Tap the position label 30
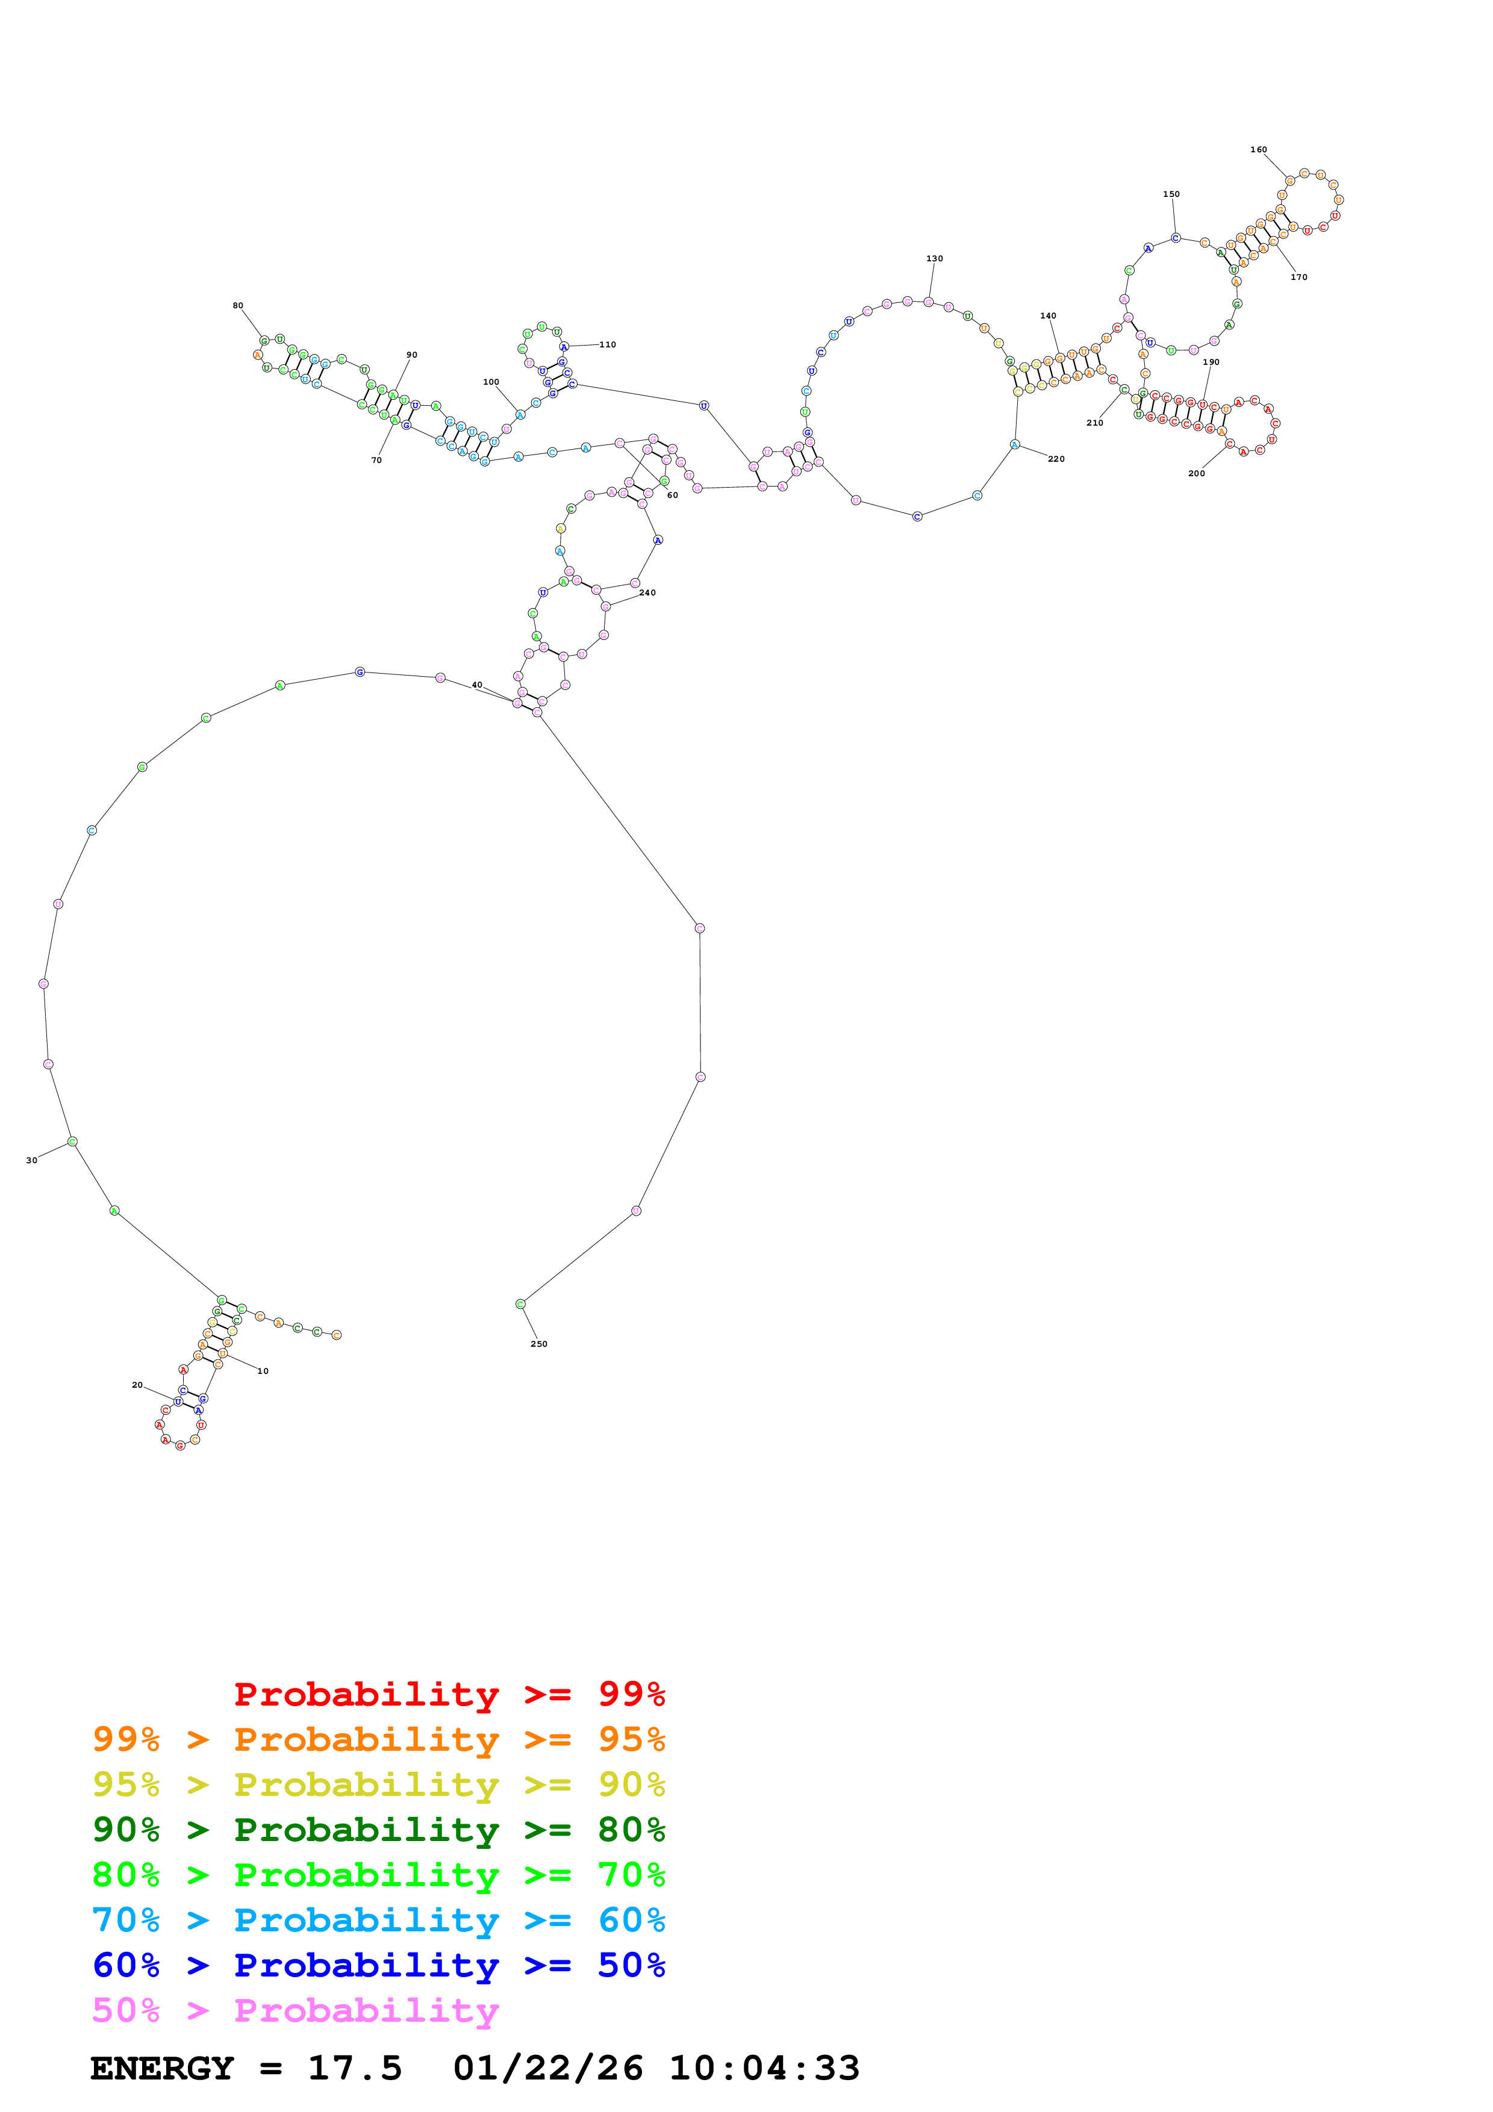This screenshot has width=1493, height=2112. pyautogui.click(x=31, y=1160)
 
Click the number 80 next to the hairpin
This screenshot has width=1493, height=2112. pyautogui.click(x=237, y=305)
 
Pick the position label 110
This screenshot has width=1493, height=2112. pyautogui.click(x=607, y=345)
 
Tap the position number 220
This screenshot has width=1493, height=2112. pyautogui.click(x=1055, y=459)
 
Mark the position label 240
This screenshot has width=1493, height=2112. pyautogui.click(x=647, y=592)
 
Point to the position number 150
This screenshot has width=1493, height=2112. pyautogui.click(x=1170, y=194)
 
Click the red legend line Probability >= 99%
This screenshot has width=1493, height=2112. pyautogui.click(x=449, y=1694)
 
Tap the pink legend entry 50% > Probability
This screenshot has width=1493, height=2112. pyautogui.click(x=295, y=2010)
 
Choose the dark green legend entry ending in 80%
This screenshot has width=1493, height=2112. pyautogui.click(x=378, y=1830)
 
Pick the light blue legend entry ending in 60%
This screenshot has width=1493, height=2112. pyautogui.click(x=378, y=1920)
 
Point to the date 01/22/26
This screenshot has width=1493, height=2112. pyautogui.click(x=547, y=2068)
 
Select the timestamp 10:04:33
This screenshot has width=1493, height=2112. pyautogui.click(x=764, y=2068)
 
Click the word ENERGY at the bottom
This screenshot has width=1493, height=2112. pyautogui.click(x=162, y=2068)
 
